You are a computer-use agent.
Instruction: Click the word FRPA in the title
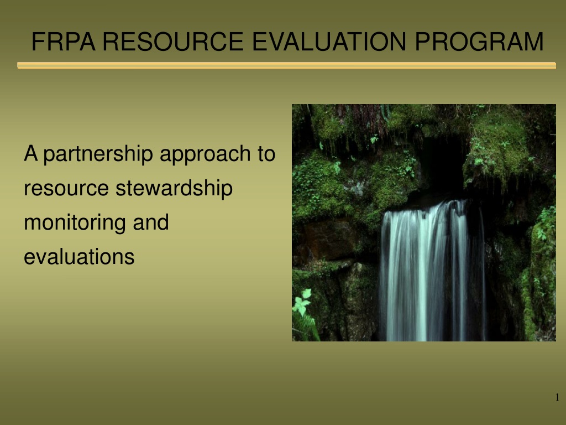(x=64, y=42)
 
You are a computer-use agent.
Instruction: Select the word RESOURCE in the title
(x=173, y=42)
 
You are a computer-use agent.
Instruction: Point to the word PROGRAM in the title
(x=479, y=42)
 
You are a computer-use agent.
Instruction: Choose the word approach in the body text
(x=205, y=154)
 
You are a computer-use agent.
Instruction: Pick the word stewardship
(x=174, y=189)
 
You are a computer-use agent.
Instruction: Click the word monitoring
(x=75, y=223)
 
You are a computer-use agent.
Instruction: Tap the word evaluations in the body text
(x=79, y=257)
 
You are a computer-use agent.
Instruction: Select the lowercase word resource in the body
(x=66, y=189)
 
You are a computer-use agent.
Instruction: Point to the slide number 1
(x=557, y=397)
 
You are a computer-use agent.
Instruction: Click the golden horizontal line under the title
(x=287, y=65)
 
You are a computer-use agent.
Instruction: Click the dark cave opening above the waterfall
(x=442, y=166)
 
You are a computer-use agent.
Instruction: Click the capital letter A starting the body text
(x=31, y=153)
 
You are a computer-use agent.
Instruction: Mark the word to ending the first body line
(x=266, y=154)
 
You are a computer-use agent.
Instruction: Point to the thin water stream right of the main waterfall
(x=483, y=274)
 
